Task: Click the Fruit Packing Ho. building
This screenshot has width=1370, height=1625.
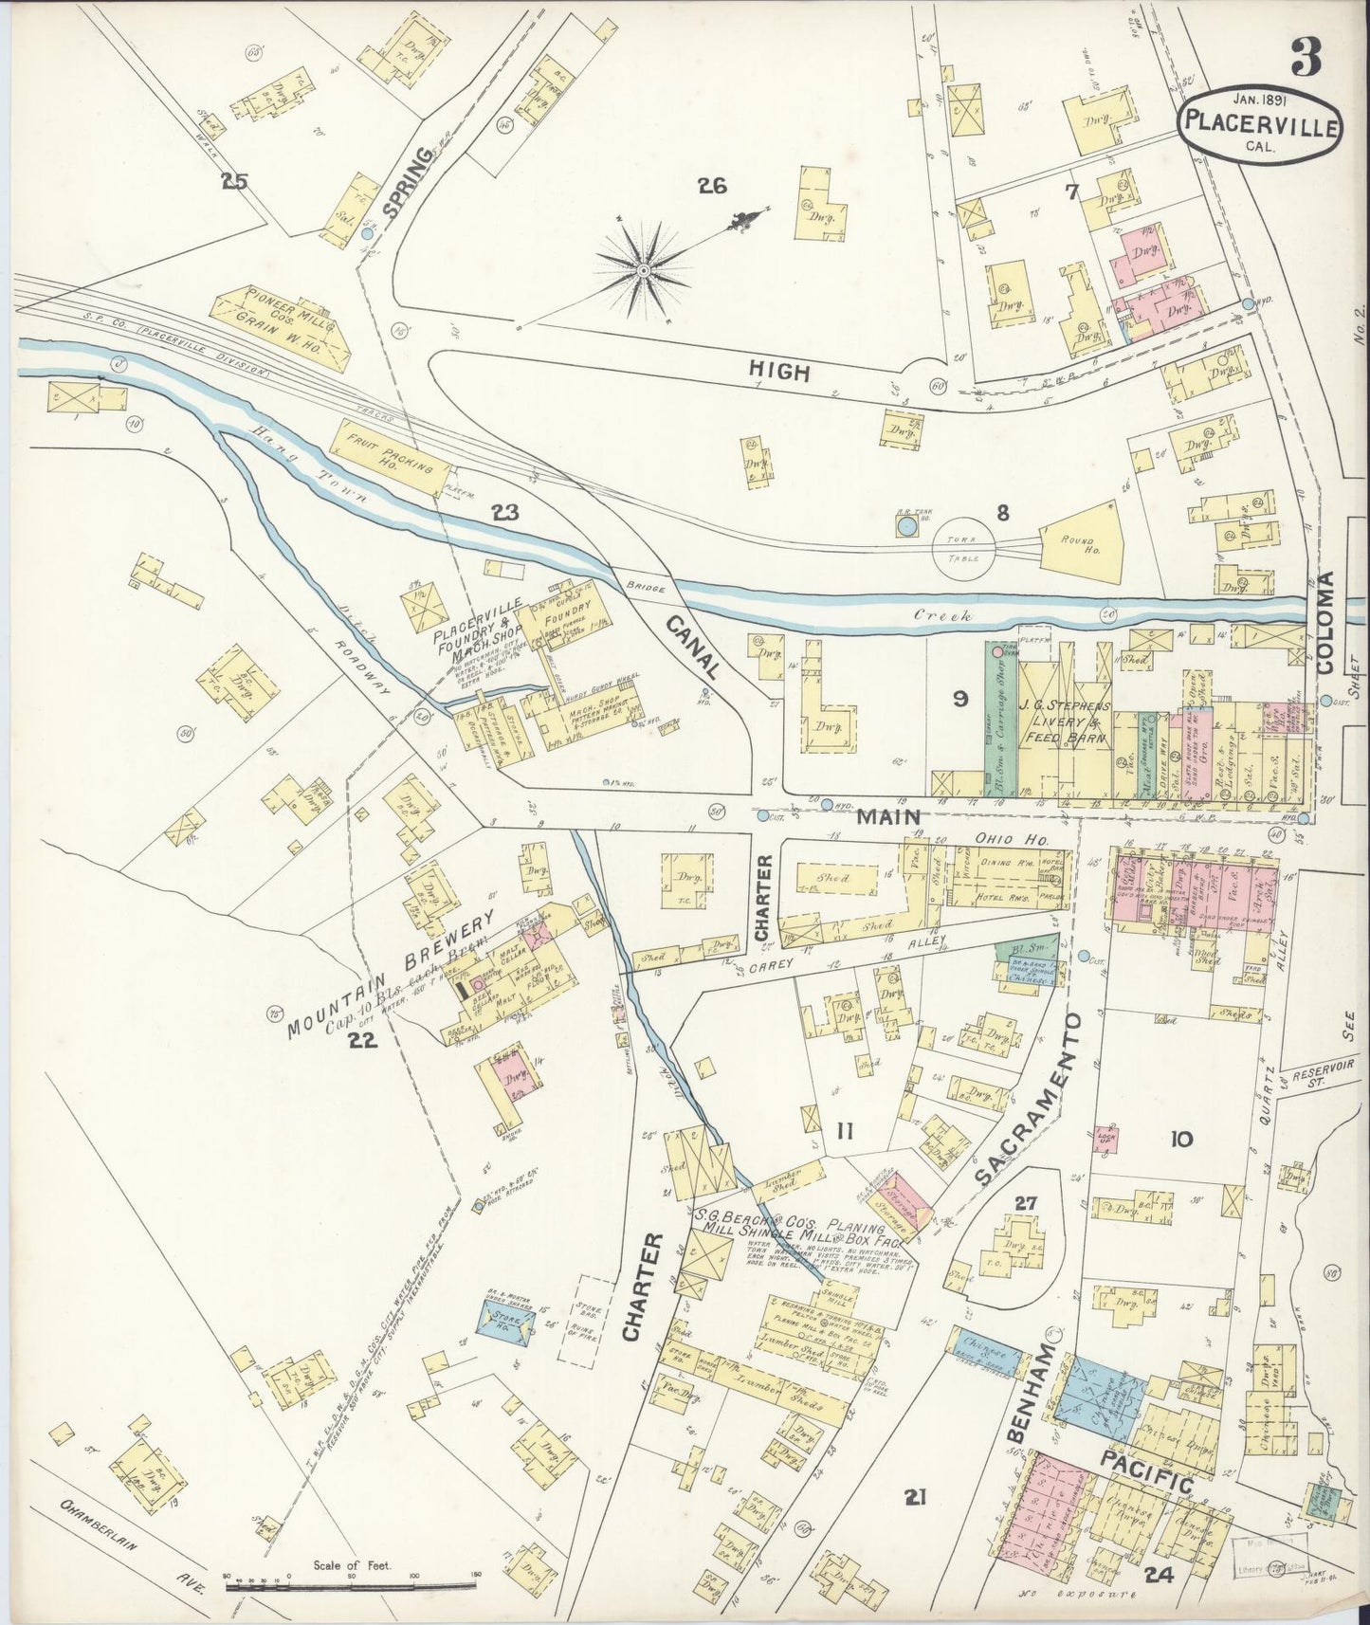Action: coord(389,458)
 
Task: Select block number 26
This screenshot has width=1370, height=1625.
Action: coord(711,186)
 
